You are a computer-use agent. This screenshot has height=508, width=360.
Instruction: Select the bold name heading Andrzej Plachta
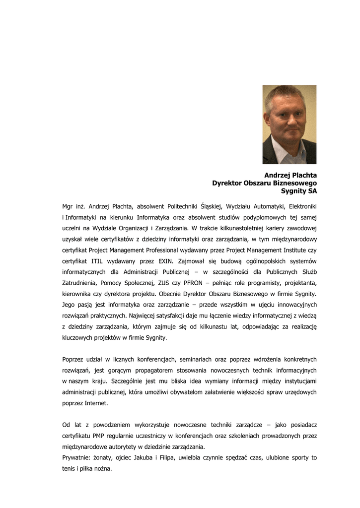(x=290, y=175)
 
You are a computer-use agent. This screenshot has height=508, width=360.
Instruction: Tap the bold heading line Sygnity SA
(x=298, y=190)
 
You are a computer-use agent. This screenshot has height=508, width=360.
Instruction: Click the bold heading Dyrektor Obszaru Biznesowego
(x=264, y=183)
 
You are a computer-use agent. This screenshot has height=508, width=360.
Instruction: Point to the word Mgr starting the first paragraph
(x=68, y=206)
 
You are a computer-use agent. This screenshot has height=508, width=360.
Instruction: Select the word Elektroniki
(x=302, y=206)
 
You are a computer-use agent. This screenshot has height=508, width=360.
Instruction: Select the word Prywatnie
(x=76, y=457)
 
